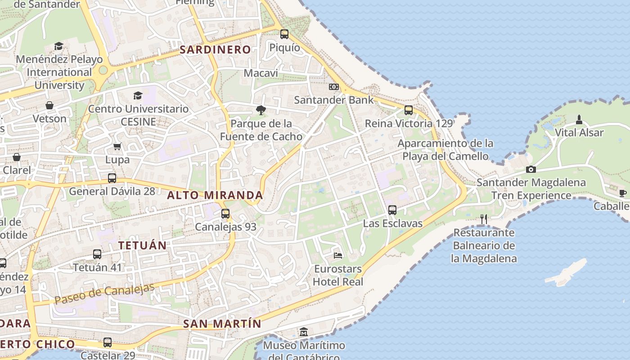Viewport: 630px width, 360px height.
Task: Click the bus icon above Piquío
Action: click(x=284, y=34)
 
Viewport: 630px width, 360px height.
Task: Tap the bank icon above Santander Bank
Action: click(x=333, y=86)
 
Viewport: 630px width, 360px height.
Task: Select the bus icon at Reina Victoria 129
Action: click(x=409, y=110)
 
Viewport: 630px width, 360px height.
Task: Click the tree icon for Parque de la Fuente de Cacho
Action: click(x=261, y=110)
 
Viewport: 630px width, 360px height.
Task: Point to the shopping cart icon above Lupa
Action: click(x=117, y=146)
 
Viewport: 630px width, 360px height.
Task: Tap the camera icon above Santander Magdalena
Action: click(x=531, y=169)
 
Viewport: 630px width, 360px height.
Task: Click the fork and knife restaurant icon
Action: click(x=484, y=219)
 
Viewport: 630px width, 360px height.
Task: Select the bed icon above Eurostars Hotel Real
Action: click(x=338, y=256)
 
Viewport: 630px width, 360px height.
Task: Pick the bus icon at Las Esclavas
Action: click(x=392, y=210)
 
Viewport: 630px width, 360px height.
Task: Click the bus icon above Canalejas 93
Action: click(x=225, y=213)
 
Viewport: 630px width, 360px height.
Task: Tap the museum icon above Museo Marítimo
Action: click(x=304, y=332)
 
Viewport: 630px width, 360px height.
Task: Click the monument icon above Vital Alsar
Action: click(x=579, y=119)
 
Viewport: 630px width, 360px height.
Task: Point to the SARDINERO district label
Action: click(x=215, y=49)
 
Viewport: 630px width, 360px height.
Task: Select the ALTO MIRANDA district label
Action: click(x=215, y=195)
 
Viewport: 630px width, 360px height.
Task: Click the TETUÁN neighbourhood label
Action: click(x=142, y=245)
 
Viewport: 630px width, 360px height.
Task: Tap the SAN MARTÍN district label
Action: click(x=222, y=324)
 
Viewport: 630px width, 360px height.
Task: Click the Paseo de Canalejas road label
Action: click(x=105, y=293)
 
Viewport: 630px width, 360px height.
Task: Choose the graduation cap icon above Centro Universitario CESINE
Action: click(x=138, y=95)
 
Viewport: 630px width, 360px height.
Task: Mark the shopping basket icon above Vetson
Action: click(x=49, y=105)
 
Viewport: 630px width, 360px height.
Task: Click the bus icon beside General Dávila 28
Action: click(x=112, y=178)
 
